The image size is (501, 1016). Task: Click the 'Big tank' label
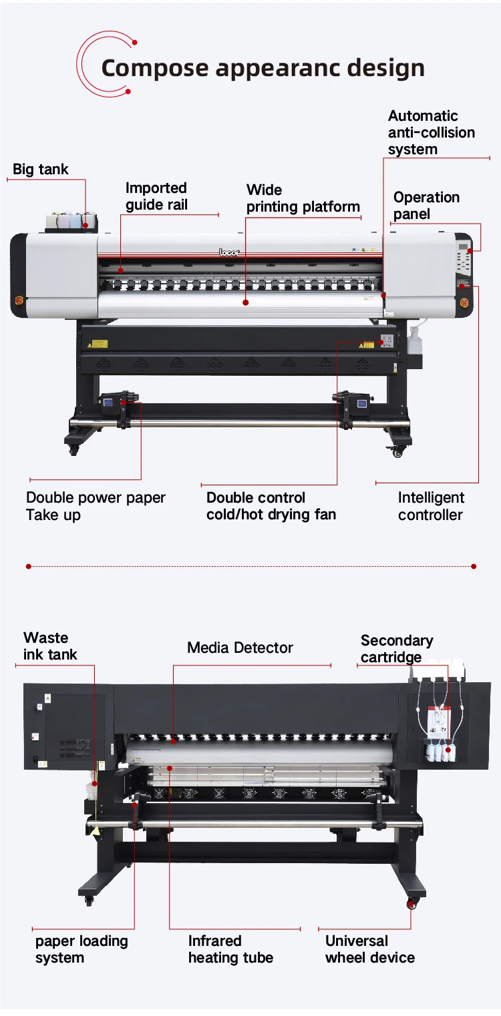pyautogui.click(x=41, y=170)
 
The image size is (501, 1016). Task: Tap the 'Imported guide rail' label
pyautogui.click(x=156, y=196)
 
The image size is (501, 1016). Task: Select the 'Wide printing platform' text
pyautogui.click(x=303, y=198)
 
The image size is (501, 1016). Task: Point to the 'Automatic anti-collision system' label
pyautogui.click(x=431, y=133)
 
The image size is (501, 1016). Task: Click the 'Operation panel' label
pyautogui.click(x=426, y=206)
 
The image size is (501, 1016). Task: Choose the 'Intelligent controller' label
pyautogui.click(x=431, y=506)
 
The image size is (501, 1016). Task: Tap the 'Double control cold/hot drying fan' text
pyautogui.click(x=271, y=506)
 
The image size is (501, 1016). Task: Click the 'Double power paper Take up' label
pyautogui.click(x=96, y=506)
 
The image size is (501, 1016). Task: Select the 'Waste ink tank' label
pyautogui.click(x=50, y=646)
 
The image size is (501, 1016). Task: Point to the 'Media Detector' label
pyautogui.click(x=240, y=648)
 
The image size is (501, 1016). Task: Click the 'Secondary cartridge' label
pyautogui.click(x=397, y=649)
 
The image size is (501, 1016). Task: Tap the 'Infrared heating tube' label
pyautogui.click(x=230, y=949)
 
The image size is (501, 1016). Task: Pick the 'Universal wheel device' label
pyautogui.click(x=369, y=949)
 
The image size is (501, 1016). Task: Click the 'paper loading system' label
pyautogui.click(x=81, y=949)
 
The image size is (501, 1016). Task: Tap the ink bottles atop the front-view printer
pyautogui.click(x=69, y=220)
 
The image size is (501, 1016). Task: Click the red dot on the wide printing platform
pyautogui.click(x=245, y=302)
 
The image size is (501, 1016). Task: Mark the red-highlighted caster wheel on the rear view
pyautogui.click(x=411, y=905)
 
